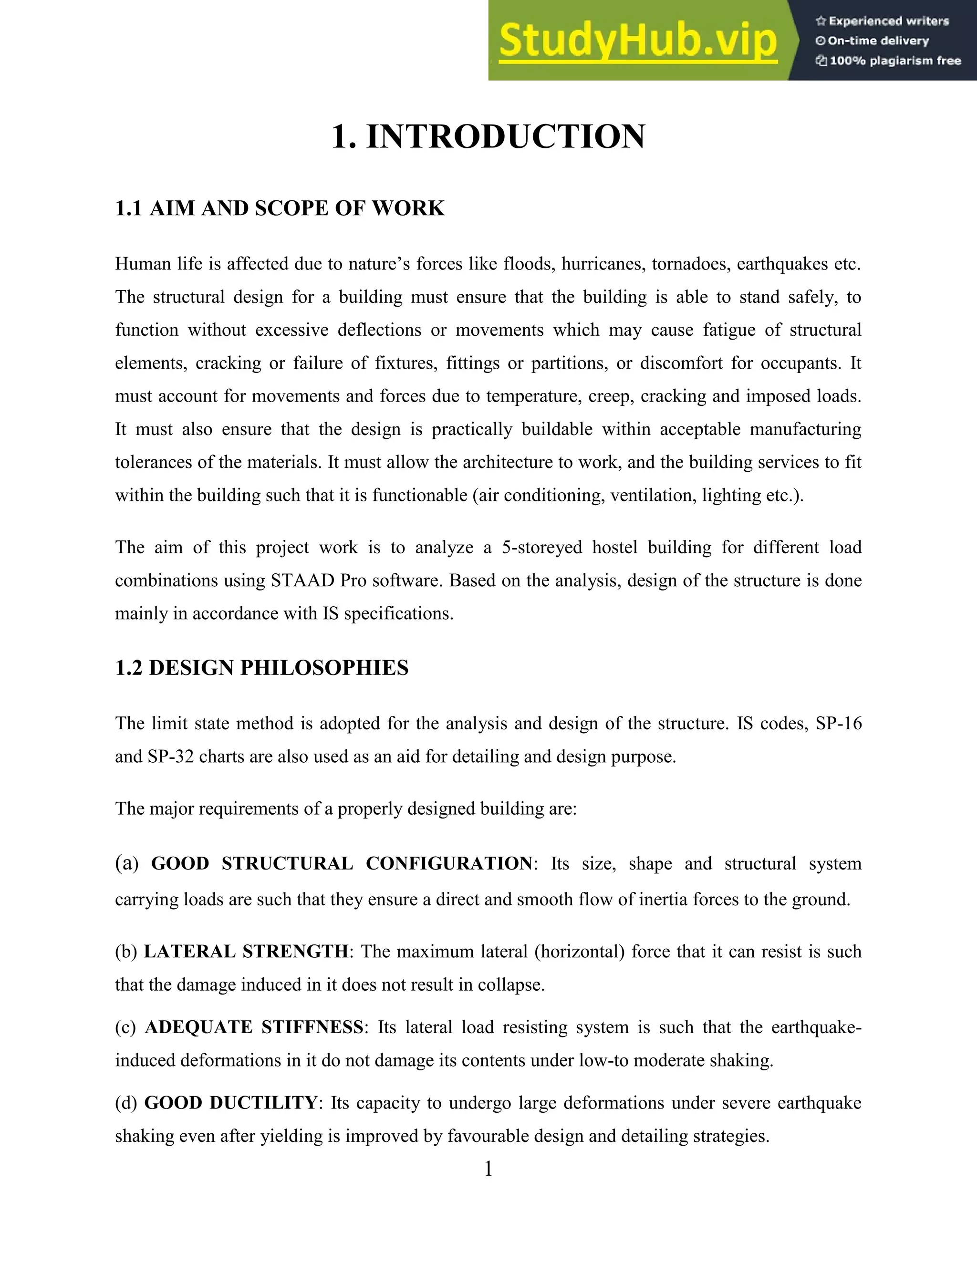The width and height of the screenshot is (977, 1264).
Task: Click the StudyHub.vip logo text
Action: coord(637,41)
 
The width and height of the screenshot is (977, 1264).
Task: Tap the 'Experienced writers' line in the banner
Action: coord(883,21)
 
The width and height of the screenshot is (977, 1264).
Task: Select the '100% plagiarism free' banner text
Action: coord(888,61)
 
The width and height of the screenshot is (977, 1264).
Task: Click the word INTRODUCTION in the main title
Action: coord(505,137)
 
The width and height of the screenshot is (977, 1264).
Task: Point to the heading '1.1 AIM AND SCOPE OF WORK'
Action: coord(280,208)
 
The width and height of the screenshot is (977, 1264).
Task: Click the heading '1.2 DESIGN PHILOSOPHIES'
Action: coord(261,668)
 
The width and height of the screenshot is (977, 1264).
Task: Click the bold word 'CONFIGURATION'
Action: coord(448,863)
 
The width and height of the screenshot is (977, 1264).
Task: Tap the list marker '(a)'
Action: coord(127,863)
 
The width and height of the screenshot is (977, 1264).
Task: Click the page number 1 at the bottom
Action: coord(488,1169)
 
